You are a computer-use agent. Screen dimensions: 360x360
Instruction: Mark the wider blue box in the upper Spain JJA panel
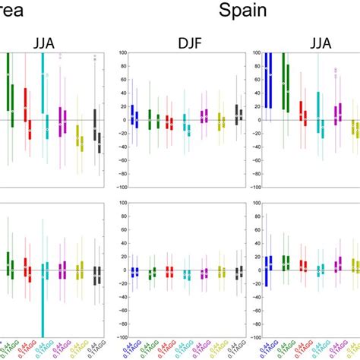267,84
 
